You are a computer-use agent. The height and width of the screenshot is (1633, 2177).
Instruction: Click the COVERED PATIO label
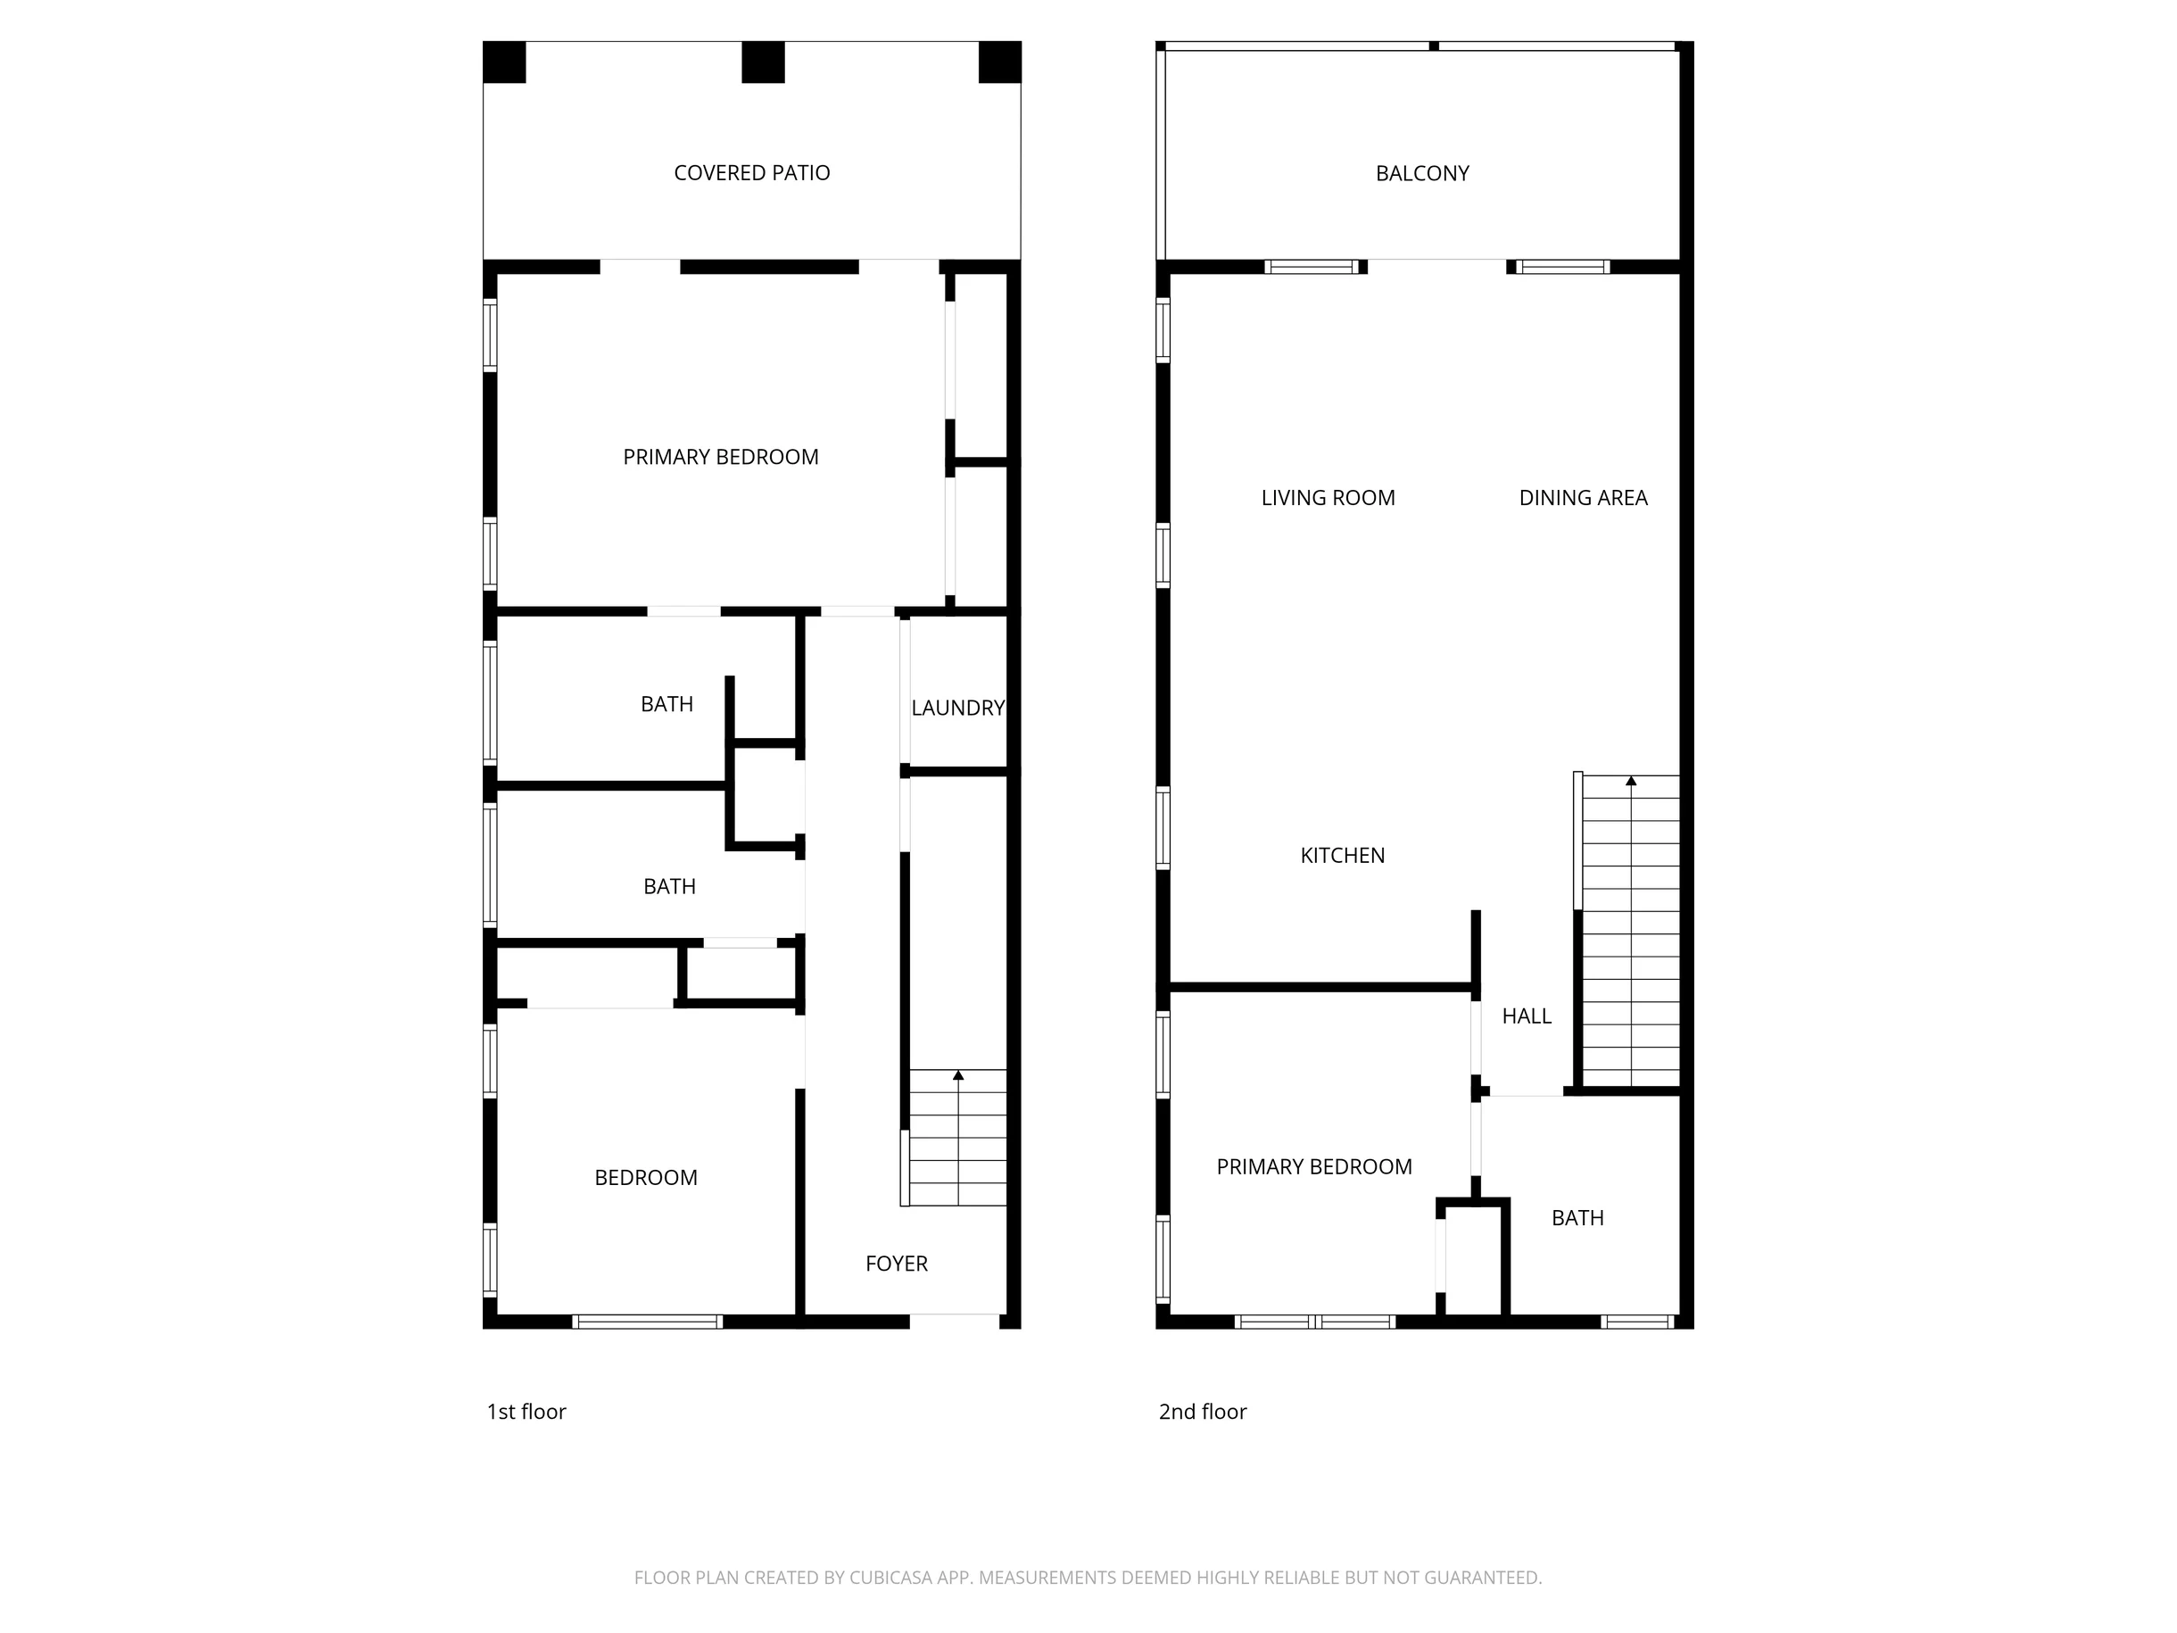pyautogui.click(x=752, y=173)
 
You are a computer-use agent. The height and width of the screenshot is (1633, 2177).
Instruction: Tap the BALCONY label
pyautogui.click(x=1422, y=173)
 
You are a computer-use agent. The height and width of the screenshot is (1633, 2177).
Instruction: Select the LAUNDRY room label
pyautogui.click(x=957, y=708)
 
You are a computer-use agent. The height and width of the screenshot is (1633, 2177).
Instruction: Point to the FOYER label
pyautogui.click(x=897, y=1264)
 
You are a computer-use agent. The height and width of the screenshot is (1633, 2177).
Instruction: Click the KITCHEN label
pyautogui.click(x=1343, y=856)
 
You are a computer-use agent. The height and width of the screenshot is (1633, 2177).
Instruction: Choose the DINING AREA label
pyautogui.click(x=1584, y=498)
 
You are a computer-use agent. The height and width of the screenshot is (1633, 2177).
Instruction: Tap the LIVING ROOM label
pyautogui.click(x=1329, y=498)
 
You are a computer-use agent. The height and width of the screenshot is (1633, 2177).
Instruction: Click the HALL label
pyautogui.click(x=1527, y=1016)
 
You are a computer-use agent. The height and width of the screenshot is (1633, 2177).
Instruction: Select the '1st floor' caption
pyautogui.click(x=526, y=1412)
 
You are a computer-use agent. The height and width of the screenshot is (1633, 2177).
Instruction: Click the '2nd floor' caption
pyautogui.click(x=1203, y=1412)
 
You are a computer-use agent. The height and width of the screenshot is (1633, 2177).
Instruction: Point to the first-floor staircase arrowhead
pyautogui.click(x=958, y=1076)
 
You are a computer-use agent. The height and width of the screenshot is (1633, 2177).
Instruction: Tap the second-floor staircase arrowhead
pyautogui.click(x=1631, y=782)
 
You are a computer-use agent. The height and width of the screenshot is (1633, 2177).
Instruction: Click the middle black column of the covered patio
pyautogui.click(x=763, y=62)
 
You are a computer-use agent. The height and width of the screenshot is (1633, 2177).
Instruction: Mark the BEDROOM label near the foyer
pyautogui.click(x=646, y=1178)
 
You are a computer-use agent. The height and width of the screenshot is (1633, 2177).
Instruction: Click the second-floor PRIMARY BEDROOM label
pyautogui.click(x=1314, y=1167)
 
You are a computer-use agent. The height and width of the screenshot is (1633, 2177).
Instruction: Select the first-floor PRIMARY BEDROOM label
pyautogui.click(x=720, y=458)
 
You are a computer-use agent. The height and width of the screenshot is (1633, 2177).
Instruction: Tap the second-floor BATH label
pyautogui.click(x=1577, y=1219)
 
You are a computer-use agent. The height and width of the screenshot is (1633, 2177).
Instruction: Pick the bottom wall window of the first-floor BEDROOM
pyautogui.click(x=648, y=1322)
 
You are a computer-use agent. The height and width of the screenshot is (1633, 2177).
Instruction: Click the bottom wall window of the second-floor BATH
pyautogui.click(x=1638, y=1322)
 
